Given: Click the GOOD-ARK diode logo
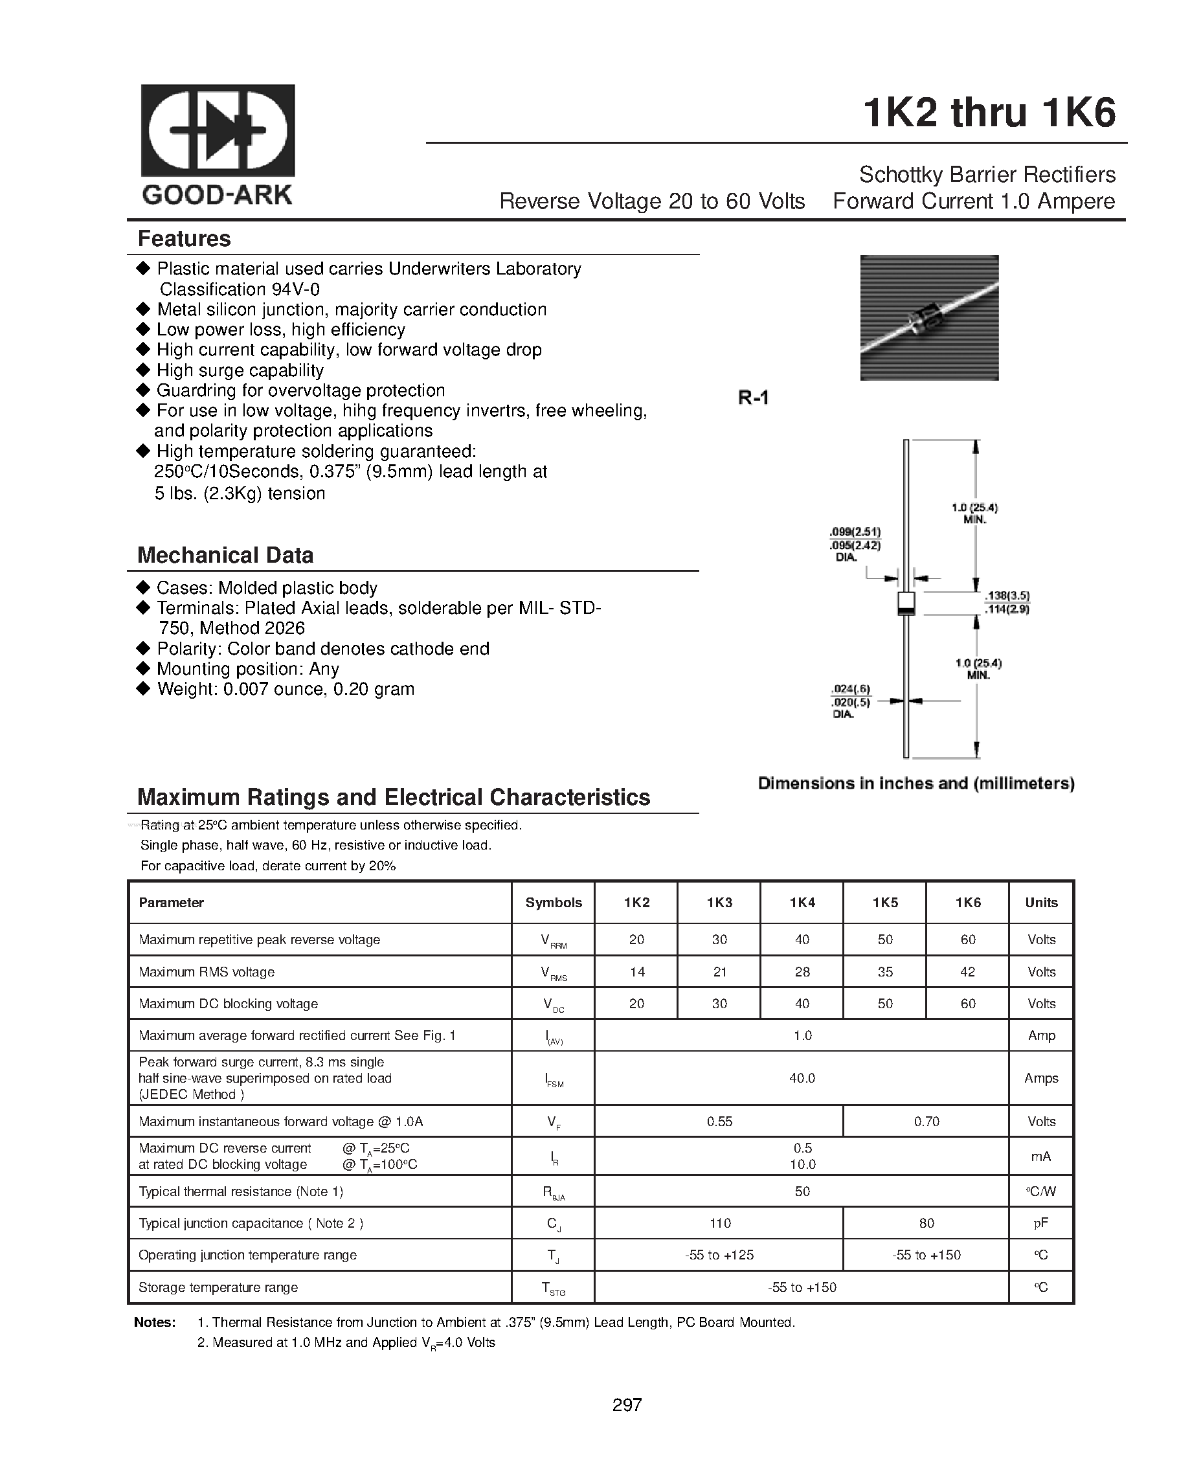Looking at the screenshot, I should pyautogui.click(x=218, y=131).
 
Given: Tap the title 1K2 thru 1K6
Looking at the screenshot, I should pyautogui.click(x=989, y=113).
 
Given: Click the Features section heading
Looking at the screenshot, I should pyautogui.click(x=185, y=239).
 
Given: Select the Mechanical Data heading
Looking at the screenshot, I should pyautogui.click(x=225, y=555).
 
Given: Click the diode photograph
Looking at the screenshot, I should pyautogui.click(x=929, y=317).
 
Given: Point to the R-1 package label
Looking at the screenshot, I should pyautogui.click(x=754, y=398).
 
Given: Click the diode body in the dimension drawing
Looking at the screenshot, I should pyautogui.click(x=906, y=603).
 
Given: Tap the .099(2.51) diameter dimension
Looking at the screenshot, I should pyautogui.click(x=855, y=532).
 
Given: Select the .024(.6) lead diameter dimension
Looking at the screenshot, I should pyautogui.click(x=851, y=689).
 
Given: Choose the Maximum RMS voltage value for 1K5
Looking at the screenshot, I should pyautogui.click(x=884, y=972).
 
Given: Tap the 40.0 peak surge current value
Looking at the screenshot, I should pyautogui.click(x=802, y=1077).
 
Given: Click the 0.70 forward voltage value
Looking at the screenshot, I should pyautogui.click(x=926, y=1122).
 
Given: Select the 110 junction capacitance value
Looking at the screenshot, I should pyautogui.click(x=719, y=1223).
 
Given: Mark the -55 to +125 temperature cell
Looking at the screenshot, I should pyautogui.click(x=719, y=1255).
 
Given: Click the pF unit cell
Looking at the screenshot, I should pyautogui.click(x=1041, y=1223).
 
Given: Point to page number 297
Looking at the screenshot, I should pyautogui.click(x=627, y=1404).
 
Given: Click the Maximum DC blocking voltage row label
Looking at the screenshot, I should pyautogui.click(x=229, y=1004).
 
